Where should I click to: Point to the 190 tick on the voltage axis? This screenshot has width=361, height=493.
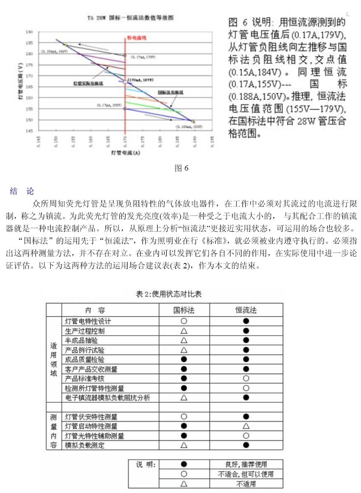[x=29, y=32]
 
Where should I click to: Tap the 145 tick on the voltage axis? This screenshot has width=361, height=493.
[x=29, y=131]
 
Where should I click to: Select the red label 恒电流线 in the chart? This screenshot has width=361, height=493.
[x=137, y=38]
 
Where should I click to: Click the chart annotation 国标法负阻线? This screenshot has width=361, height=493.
[x=168, y=93]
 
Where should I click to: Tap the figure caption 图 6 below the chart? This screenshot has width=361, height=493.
[x=181, y=168]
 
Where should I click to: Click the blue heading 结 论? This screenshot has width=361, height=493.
[x=22, y=191]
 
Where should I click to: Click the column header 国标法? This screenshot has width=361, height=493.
[x=184, y=310]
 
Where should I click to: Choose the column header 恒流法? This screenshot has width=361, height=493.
[x=246, y=310]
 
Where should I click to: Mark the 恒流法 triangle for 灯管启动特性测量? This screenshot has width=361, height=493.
[x=246, y=426]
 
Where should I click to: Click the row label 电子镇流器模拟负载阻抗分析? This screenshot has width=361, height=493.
[x=107, y=398]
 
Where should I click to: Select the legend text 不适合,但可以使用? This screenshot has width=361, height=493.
[x=246, y=474]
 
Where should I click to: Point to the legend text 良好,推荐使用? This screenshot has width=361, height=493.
[x=246, y=465]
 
